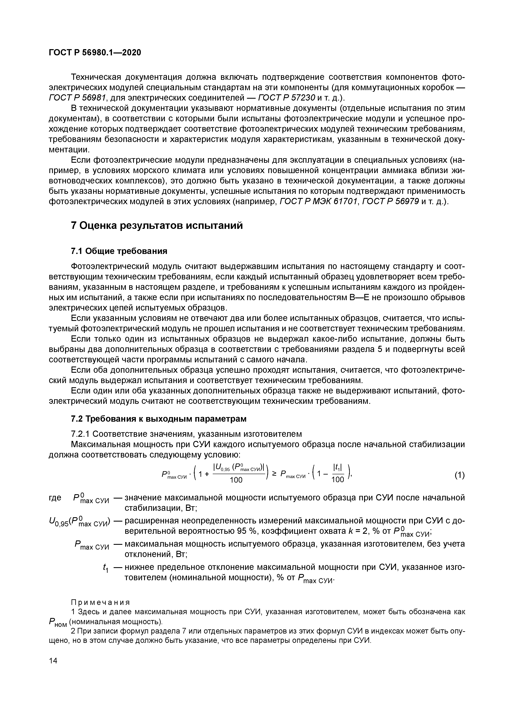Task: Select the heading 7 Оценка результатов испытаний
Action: (157, 226)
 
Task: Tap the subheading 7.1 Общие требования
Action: (119, 251)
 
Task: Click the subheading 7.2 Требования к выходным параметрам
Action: (158, 419)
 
